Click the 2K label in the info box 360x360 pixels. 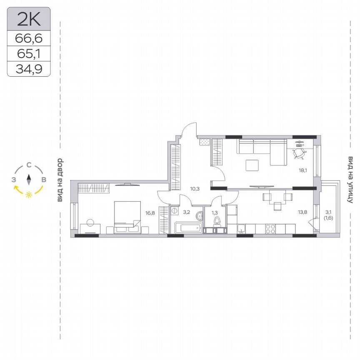tap(29, 18)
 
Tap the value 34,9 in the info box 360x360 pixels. tap(29, 69)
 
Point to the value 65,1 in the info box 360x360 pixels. tap(29, 54)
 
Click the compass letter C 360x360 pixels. tap(29, 165)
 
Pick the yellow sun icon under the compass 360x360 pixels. tap(29, 195)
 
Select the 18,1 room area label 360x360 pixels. tap(303, 170)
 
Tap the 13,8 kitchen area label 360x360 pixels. tap(303, 212)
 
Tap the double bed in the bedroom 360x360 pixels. tap(127, 216)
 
